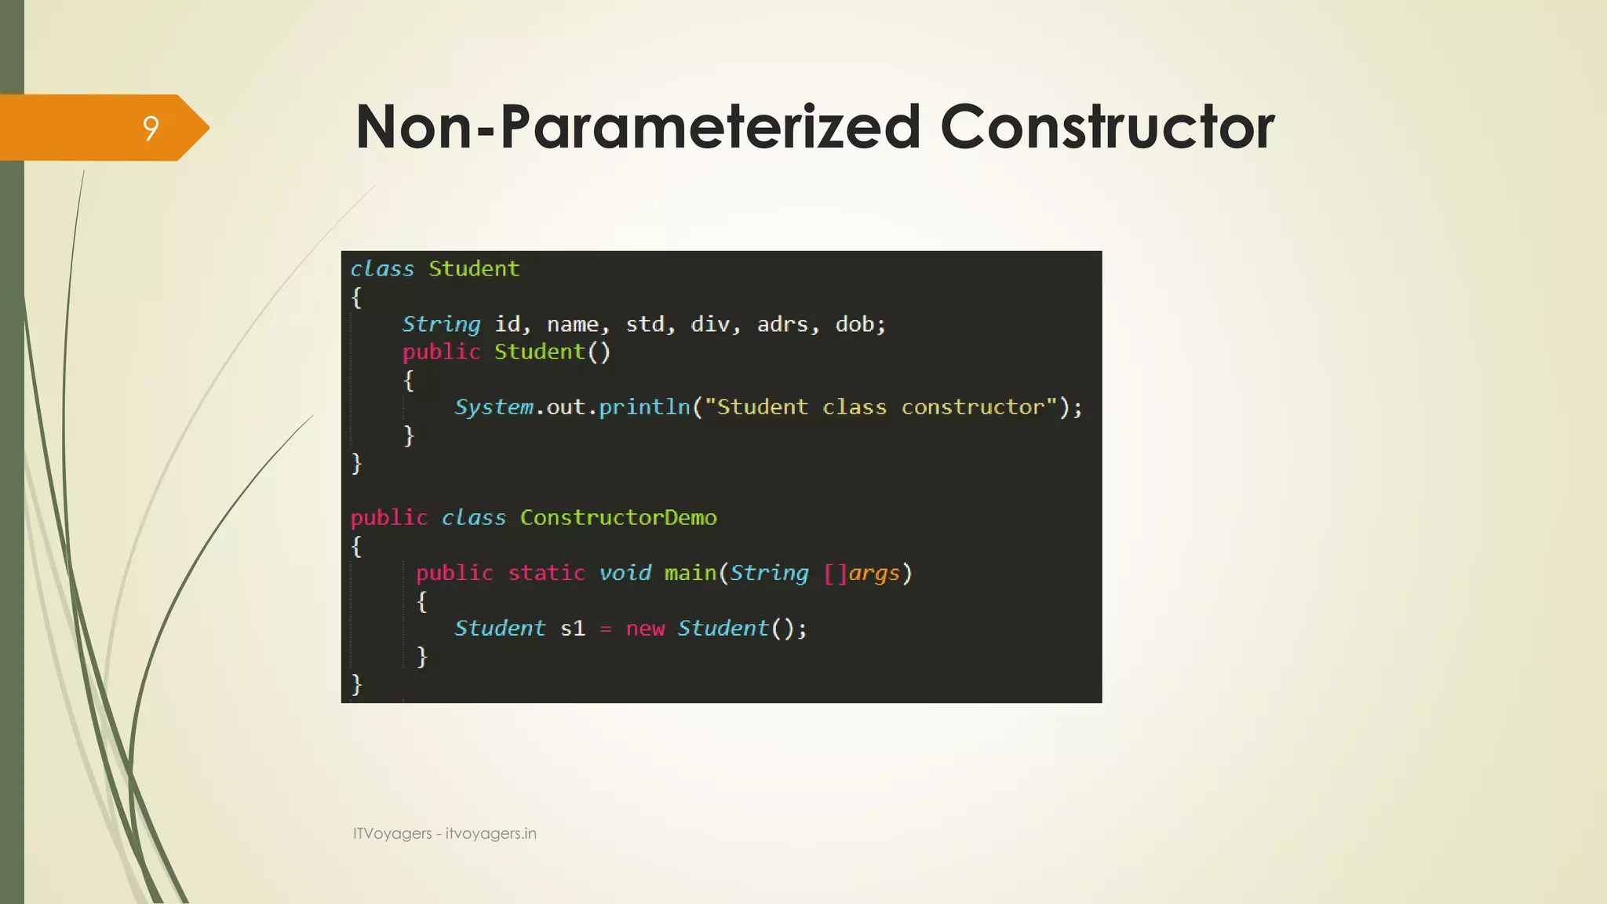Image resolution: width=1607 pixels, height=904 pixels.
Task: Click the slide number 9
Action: coord(151,128)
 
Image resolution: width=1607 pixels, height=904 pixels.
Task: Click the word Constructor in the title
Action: coord(1107,127)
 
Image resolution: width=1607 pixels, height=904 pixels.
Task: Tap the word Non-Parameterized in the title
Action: coord(638,127)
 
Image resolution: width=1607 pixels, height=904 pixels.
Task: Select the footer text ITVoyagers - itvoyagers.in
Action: coord(444,833)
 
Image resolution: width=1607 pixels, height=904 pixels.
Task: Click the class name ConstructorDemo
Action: coord(618,518)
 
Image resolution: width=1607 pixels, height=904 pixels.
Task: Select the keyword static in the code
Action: coord(546,573)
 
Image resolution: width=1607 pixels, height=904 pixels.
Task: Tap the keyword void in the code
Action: coord(625,573)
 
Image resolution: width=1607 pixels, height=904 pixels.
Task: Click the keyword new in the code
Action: coord(645,629)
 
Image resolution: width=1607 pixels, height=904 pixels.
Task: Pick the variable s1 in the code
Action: coord(573,629)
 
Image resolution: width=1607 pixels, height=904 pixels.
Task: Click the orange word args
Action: coord(873,574)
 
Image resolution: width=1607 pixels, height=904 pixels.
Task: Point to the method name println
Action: coord(644,407)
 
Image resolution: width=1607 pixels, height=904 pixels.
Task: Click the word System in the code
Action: coord(494,407)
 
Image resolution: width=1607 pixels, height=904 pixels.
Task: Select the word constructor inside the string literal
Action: coord(973,407)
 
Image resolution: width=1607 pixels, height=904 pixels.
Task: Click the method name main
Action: coord(691,573)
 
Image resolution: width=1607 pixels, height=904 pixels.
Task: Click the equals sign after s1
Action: coord(606,629)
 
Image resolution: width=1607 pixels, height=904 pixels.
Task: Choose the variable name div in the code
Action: coord(710,324)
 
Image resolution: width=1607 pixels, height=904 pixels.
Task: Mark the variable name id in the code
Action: coord(507,324)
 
